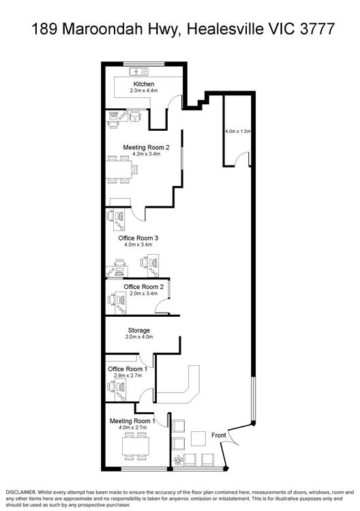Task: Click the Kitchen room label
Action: click(144, 84)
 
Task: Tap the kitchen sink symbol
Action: click(139, 71)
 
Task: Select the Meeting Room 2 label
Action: click(146, 147)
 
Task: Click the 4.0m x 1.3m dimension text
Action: click(238, 131)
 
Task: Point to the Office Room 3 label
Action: click(138, 238)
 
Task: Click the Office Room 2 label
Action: click(143, 287)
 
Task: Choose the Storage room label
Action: click(139, 330)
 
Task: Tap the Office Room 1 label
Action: click(127, 369)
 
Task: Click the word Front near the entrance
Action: click(218, 435)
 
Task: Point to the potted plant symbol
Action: click(178, 460)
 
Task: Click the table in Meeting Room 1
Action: click(136, 446)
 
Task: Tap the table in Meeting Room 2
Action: click(119, 169)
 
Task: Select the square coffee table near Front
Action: click(198, 439)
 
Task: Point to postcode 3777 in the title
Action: click(317, 29)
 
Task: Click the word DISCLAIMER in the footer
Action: click(20, 492)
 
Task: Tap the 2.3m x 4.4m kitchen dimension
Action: click(144, 91)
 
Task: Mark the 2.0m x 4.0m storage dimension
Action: click(139, 337)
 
